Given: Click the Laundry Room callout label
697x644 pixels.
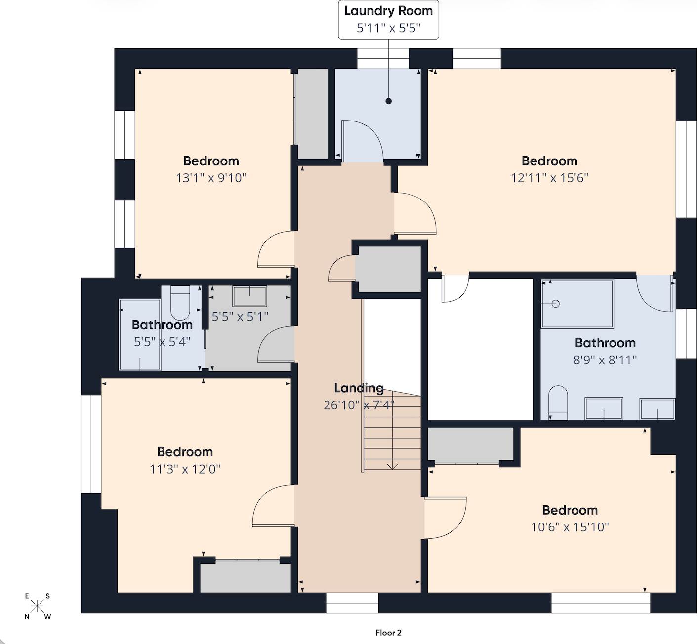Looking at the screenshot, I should tap(388, 20).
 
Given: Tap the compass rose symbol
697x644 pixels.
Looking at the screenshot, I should tap(38, 605).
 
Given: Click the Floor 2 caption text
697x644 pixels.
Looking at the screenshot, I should tap(388, 633).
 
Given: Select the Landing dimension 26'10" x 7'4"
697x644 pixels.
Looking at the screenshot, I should tap(359, 405).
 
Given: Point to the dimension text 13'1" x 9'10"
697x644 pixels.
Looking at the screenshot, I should tap(211, 178).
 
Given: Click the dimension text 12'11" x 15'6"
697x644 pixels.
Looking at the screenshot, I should tap(549, 178).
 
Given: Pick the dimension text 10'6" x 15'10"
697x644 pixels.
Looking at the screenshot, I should tap(570, 527).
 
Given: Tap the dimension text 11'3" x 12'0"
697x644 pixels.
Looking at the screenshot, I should tap(185, 469).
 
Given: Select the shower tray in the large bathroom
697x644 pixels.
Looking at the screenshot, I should tap(577, 304).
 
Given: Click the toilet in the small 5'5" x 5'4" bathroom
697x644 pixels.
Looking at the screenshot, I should tap(180, 302).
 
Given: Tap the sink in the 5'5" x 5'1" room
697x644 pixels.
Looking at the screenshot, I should tap(249, 296).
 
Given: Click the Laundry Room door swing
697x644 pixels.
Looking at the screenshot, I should tap(361, 141).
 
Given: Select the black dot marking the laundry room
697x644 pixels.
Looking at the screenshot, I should tap(388, 101).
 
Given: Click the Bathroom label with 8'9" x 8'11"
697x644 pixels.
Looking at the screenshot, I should tap(605, 343).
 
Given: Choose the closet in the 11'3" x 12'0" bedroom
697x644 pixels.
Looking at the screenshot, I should tap(245, 577).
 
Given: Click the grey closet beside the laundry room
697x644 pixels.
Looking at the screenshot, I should tap(312, 114).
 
